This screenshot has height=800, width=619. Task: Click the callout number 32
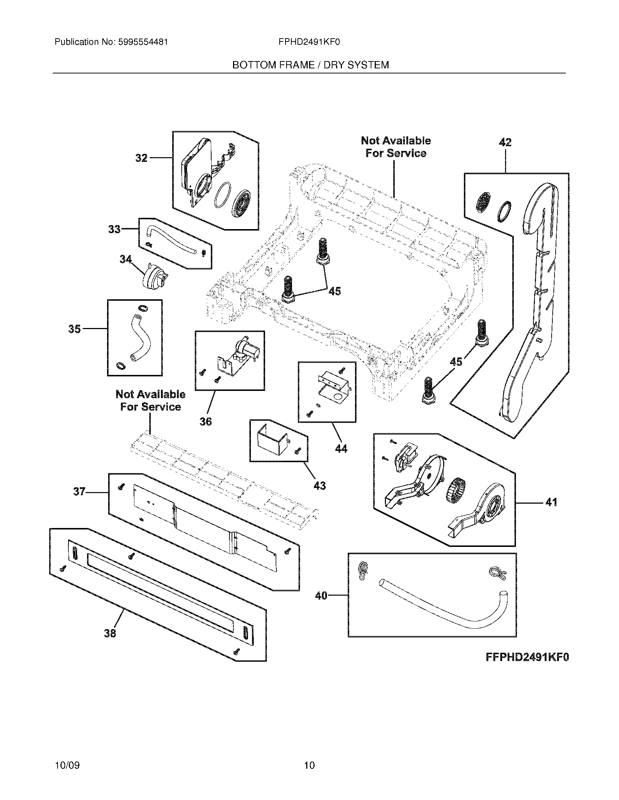[141, 158]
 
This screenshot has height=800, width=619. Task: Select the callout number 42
[505, 143]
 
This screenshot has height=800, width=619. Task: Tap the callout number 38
[110, 633]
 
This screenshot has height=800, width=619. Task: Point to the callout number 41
[551, 502]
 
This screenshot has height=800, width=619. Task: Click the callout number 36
[205, 421]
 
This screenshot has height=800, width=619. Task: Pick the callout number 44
[341, 449]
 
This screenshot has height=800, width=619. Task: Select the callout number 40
[321, 596]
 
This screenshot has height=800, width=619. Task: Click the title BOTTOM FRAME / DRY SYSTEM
[310, 65]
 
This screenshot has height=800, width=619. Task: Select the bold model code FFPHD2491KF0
[527, 657]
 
